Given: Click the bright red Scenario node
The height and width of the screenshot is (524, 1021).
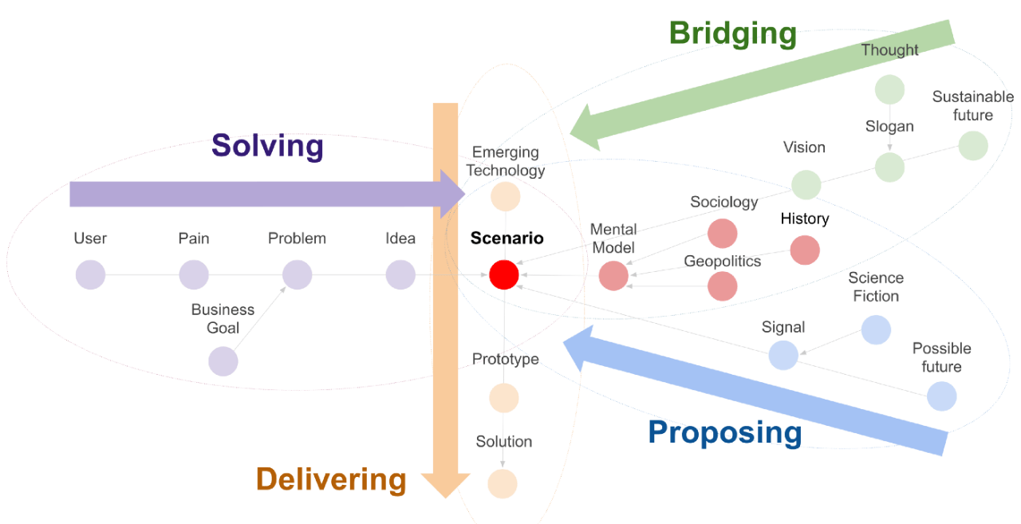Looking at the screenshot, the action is coord(503,274).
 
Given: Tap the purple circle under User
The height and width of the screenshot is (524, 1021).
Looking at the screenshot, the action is coord(90,274).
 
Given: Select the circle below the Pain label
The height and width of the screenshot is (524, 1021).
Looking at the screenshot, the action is coord(194,274).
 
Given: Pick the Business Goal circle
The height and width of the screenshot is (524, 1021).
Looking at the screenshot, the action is coord(223,361).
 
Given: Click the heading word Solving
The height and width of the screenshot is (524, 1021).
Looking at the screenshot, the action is coord(267,146).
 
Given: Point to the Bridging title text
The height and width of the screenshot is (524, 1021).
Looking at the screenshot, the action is coord(733,34).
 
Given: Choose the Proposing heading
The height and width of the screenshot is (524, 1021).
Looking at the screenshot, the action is coord(725,433).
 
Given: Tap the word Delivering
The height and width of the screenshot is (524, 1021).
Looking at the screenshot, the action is coord(331,479).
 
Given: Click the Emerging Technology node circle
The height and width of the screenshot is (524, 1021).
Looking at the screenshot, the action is coord(506,196).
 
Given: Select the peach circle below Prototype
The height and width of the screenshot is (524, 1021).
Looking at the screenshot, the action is coord(503,398).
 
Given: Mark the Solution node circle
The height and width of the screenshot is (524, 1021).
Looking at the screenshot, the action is coord(503,483).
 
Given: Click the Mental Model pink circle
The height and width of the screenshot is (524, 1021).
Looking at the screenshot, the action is coord(613,276).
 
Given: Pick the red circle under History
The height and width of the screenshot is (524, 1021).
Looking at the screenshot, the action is coord(805,250).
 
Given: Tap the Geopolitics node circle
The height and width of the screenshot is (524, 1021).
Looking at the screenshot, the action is coord(723,286).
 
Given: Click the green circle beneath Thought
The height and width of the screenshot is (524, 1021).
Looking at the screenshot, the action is coord(889,90).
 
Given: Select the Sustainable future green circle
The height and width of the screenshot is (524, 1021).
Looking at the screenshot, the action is coord(973,146).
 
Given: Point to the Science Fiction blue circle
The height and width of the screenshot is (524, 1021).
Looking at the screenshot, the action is coord(876,329).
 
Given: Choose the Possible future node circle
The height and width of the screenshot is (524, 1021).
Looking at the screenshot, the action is coord(942,396).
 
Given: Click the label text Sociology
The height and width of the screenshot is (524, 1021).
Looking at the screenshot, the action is coord(723,202).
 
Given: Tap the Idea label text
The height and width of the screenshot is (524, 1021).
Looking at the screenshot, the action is coord(400,238).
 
